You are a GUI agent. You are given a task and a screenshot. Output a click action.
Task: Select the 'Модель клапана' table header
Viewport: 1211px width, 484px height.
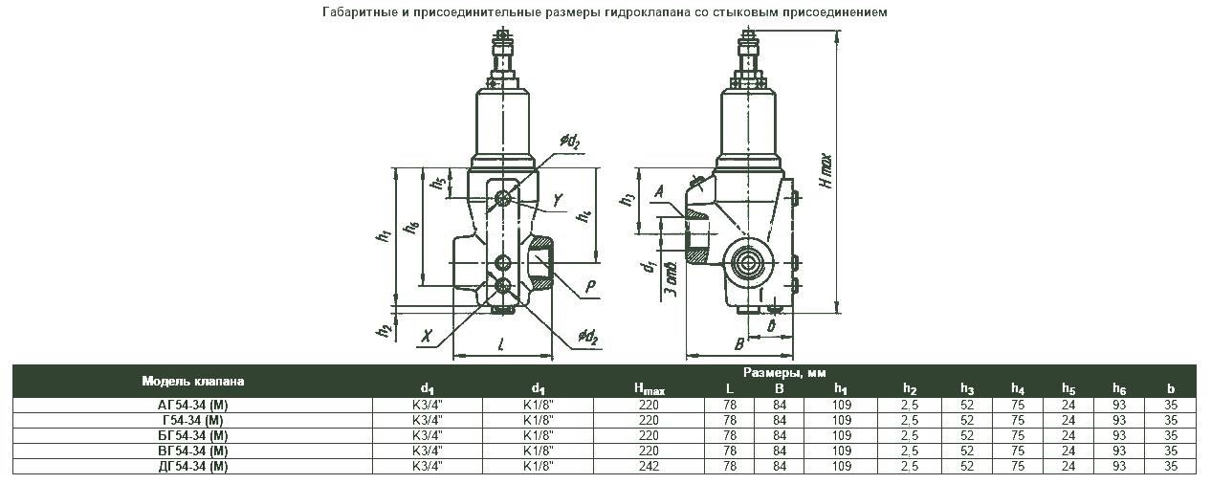pos(193,381)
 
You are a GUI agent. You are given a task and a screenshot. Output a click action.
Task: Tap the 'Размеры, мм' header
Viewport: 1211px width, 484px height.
pos(784,372)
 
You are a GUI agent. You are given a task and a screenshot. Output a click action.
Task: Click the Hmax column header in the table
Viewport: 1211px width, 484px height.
pos(648,388)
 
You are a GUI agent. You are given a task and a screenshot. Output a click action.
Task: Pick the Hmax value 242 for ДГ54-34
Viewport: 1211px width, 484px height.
pos(648,467)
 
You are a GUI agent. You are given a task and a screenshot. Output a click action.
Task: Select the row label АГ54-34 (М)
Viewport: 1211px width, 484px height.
pos(193,406)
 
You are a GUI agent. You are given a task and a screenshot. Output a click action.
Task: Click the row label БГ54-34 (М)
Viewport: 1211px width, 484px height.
pos(193,436)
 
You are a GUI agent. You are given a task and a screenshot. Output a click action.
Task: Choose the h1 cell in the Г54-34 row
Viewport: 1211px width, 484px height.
pos(841,421)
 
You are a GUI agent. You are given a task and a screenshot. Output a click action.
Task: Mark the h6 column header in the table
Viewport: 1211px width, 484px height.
pos(1118,388)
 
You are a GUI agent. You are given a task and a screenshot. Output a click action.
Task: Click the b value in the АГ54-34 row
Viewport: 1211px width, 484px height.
pos(1171,406)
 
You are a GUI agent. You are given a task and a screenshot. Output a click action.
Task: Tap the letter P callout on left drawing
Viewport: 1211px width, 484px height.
pos(591,286)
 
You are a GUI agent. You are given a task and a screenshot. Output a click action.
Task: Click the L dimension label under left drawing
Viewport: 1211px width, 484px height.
pos(500,342)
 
